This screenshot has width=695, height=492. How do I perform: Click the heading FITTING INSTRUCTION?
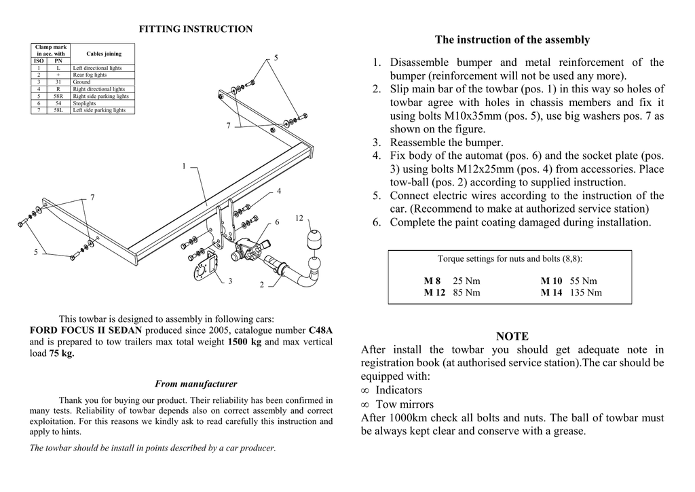(195, 29)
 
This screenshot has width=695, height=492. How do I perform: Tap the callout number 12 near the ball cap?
(299, 218)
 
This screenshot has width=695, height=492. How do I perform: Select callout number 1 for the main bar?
(183, 166)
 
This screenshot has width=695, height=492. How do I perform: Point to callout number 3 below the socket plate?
(230, 281)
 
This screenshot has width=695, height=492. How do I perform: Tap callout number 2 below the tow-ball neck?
(261, 285)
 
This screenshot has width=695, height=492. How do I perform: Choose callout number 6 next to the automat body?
(277, 222)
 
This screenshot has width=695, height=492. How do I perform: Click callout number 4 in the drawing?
(279, 192)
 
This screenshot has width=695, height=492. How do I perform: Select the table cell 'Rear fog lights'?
(90, 75)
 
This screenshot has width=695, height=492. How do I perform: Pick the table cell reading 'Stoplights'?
(85, 103)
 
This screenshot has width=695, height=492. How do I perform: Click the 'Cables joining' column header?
(104, 54)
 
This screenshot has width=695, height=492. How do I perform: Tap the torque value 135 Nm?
(586, 293)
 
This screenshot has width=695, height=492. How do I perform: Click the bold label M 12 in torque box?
(434, 293)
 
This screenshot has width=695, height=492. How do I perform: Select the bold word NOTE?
(512, 336)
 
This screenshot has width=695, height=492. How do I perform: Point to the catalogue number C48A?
(320, 330)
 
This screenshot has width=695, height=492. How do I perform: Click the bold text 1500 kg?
(244, 342)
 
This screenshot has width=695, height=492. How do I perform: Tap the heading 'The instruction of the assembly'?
(512, 40)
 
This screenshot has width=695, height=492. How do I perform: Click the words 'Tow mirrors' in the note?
(405, 404)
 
